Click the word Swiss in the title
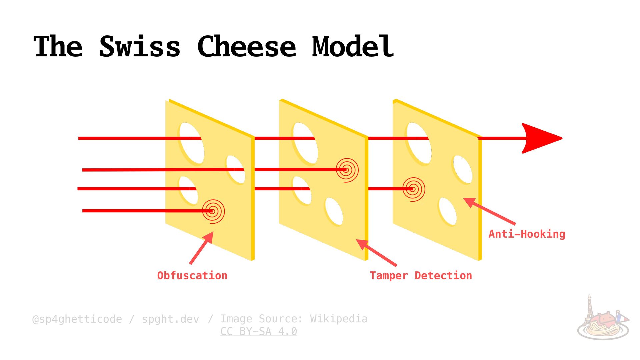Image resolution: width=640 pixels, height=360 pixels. [x=140, y=47]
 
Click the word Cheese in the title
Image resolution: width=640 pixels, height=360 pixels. [x=247, y=47]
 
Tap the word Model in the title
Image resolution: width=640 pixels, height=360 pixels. [x=353, y=47]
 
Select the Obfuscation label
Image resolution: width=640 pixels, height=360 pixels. [x=192, y=276]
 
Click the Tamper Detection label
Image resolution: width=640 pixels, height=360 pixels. [x=421, y=276]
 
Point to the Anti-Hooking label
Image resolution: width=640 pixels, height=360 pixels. [x=527, y=234]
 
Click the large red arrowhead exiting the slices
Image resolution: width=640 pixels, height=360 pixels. [x=540, y=138]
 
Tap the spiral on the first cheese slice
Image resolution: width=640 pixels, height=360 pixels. [x=213, y=211]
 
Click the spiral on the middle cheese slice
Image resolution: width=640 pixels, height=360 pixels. [x=347, y=170]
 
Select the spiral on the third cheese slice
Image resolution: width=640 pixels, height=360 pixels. [x=414, y=189]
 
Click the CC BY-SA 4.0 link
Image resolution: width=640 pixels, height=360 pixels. [x=259, y=332]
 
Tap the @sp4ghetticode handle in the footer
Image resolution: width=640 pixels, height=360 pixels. [x=77, y=319]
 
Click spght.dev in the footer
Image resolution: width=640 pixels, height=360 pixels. [x=170, y=319]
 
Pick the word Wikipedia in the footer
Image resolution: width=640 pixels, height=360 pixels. [x=339, y=319]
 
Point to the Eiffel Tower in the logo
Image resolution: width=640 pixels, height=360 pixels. [x=589, y=308]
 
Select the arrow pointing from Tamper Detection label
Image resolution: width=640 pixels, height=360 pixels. [x=376, y=253]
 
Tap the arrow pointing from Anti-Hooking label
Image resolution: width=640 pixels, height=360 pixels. [x=489, y=211]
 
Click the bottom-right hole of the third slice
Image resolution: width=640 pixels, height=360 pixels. [x=448, y=211]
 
